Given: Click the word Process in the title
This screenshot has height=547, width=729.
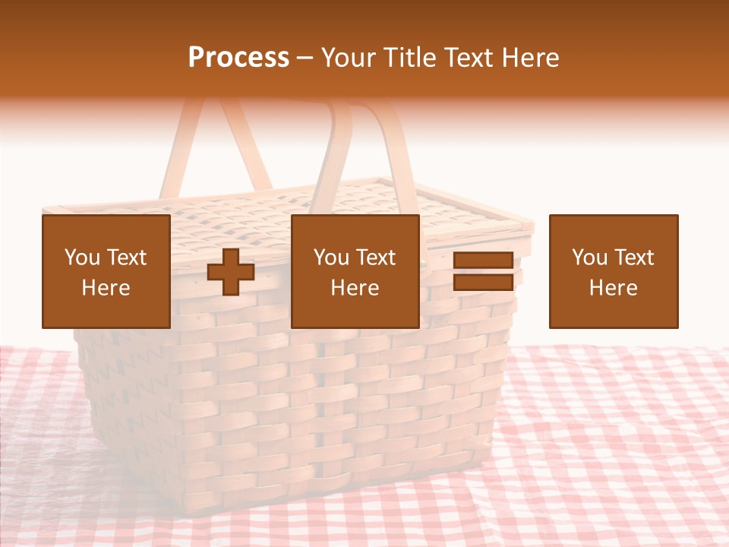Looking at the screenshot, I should coord(238,58).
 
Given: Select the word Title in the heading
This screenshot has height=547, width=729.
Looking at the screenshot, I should coord(409,58).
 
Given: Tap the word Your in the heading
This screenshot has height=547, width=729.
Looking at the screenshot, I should coord(349,58).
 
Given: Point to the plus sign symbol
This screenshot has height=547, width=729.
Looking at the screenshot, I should coord(231,272).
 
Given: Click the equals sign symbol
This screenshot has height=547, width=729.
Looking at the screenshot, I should coord(483,271).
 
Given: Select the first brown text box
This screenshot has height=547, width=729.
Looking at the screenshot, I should coord(106,271).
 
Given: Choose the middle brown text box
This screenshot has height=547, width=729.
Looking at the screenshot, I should coord(355,271).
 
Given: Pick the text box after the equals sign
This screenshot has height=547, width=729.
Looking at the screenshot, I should coord(614,271).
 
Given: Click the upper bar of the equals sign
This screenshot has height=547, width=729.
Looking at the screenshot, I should coord(483,261).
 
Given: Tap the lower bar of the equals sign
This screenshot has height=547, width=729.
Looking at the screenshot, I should coord(483,283).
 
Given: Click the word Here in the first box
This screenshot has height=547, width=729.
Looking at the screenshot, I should coord(106,288).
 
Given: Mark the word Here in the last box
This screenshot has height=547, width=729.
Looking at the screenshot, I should coord(614,288).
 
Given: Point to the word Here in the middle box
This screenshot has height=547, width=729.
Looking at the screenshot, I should coord(355,288).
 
